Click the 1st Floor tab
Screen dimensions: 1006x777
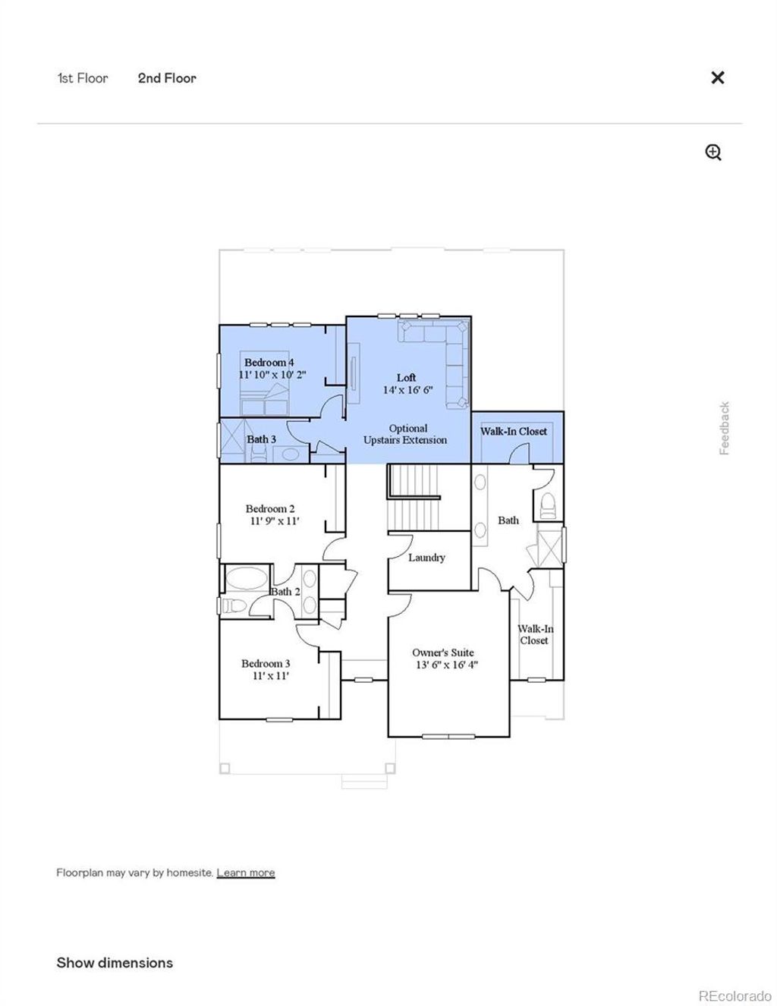pyautogui.click(x=83, y=78)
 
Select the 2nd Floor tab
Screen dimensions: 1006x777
pyautogui.click(x=167, y=78)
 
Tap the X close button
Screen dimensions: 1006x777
pyautogui.click(x=717, y=77)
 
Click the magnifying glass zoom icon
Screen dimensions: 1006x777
pyautogui.click(x=713, y=152)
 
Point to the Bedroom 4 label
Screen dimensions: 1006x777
pyautogui.click(x=269, y=363)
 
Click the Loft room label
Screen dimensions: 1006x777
pyautogui.click(x=407, y=378)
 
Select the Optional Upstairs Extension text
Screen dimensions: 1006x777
pyautogui.click(x=406, y=434)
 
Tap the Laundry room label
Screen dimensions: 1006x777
pyautogui.click(x=426, y=558)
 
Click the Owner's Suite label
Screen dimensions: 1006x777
pyautogui.click(x=443, y=652)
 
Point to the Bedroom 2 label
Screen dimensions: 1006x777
pyautogui.click(x=270, y=509)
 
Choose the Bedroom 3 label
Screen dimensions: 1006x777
pyautogui.click(x=266, y=664)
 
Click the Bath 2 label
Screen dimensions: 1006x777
pyautogui.click(x=286, y=592)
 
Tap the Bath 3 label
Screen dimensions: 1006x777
pyautogui.click(x=262, y=439)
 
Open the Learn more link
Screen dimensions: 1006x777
pyautogui.click(x=246, y=872)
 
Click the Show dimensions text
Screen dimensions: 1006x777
pyautogui.click(x=115, y=963)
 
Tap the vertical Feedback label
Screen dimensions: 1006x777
pyautogui.click(x=725, y=429)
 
